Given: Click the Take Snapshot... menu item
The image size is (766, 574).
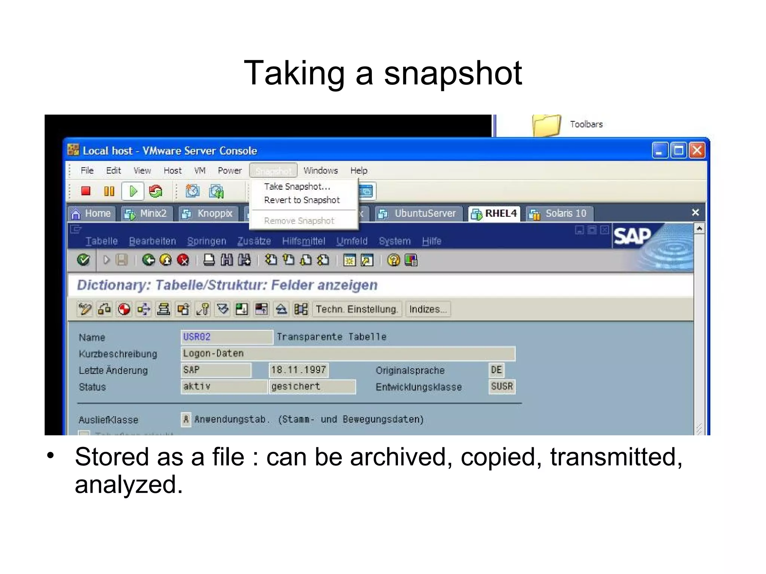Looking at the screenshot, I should (297, 186).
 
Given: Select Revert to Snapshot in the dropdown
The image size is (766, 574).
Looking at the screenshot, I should (302, 200).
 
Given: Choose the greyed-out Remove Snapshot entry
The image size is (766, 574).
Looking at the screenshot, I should (299, 221).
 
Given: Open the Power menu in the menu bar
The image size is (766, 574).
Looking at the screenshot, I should (230, 171).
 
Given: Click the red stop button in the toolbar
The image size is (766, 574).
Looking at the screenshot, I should (86, 191).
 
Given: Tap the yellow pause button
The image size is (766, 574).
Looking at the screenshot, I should (109, 191).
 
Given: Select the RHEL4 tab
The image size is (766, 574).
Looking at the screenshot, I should (494, 214).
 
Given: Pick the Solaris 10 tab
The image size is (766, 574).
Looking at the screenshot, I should (559, 214).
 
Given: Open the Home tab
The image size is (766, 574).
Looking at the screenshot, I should (92, 214).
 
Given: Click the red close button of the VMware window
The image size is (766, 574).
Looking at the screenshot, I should (697, 151).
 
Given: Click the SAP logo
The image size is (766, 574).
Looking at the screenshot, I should (632, 236).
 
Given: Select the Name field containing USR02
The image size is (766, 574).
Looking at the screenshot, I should (226, 337).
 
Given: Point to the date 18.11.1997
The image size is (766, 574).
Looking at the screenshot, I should (298, 370).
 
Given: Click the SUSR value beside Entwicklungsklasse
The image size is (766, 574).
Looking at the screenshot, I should (502, 386).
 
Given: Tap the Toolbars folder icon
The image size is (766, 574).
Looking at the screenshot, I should (546, 125).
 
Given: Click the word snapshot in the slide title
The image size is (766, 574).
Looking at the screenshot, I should (453, 74).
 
